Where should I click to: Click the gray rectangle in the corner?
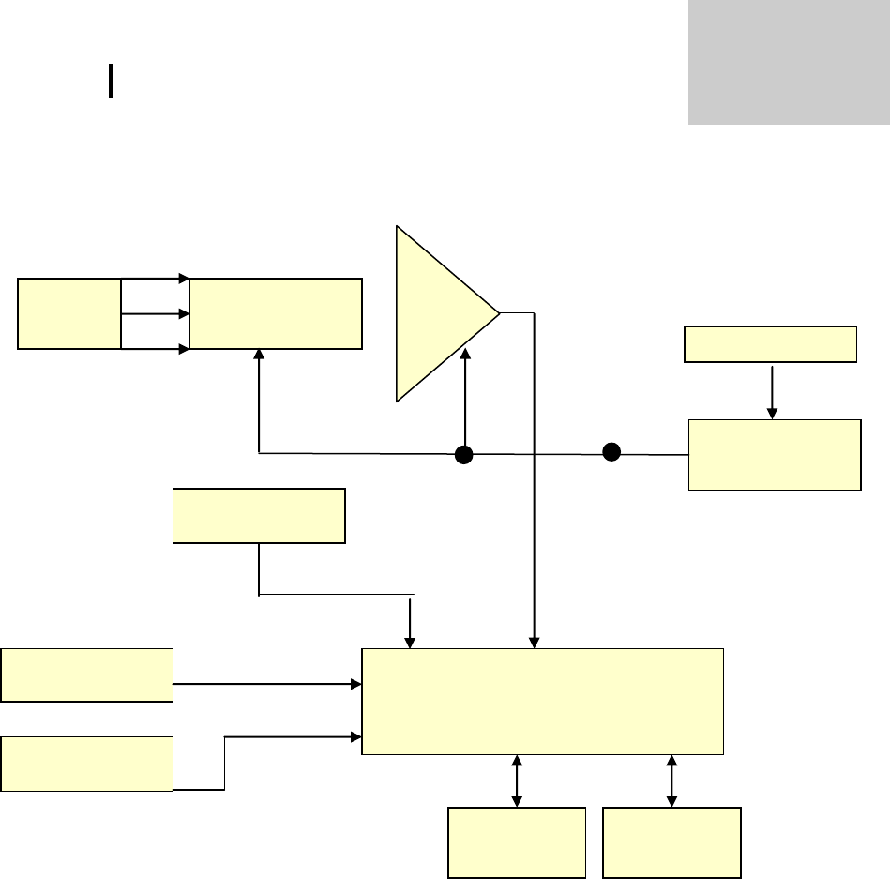(789, 62)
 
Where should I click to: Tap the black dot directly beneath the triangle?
(463, 455)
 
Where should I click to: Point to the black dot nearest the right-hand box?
(611, 452)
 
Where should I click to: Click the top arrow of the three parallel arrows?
(156, 278)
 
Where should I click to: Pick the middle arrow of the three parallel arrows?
(156, 313)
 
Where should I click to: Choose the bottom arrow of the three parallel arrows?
(156, 349)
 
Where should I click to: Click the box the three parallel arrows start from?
(69, 313)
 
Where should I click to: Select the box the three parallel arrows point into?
(276, 313)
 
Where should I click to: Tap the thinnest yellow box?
(771, 344)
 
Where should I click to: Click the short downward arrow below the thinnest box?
(772, 390)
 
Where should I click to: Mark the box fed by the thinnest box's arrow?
(775, 455)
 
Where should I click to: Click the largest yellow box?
(542, 701)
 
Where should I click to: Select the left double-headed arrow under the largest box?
(517, 780)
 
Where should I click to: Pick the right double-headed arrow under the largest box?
(671, 780)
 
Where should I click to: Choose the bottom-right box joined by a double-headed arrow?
(671, 842)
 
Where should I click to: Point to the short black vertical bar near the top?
(111, 81)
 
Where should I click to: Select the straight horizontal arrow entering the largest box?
(268, 684)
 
